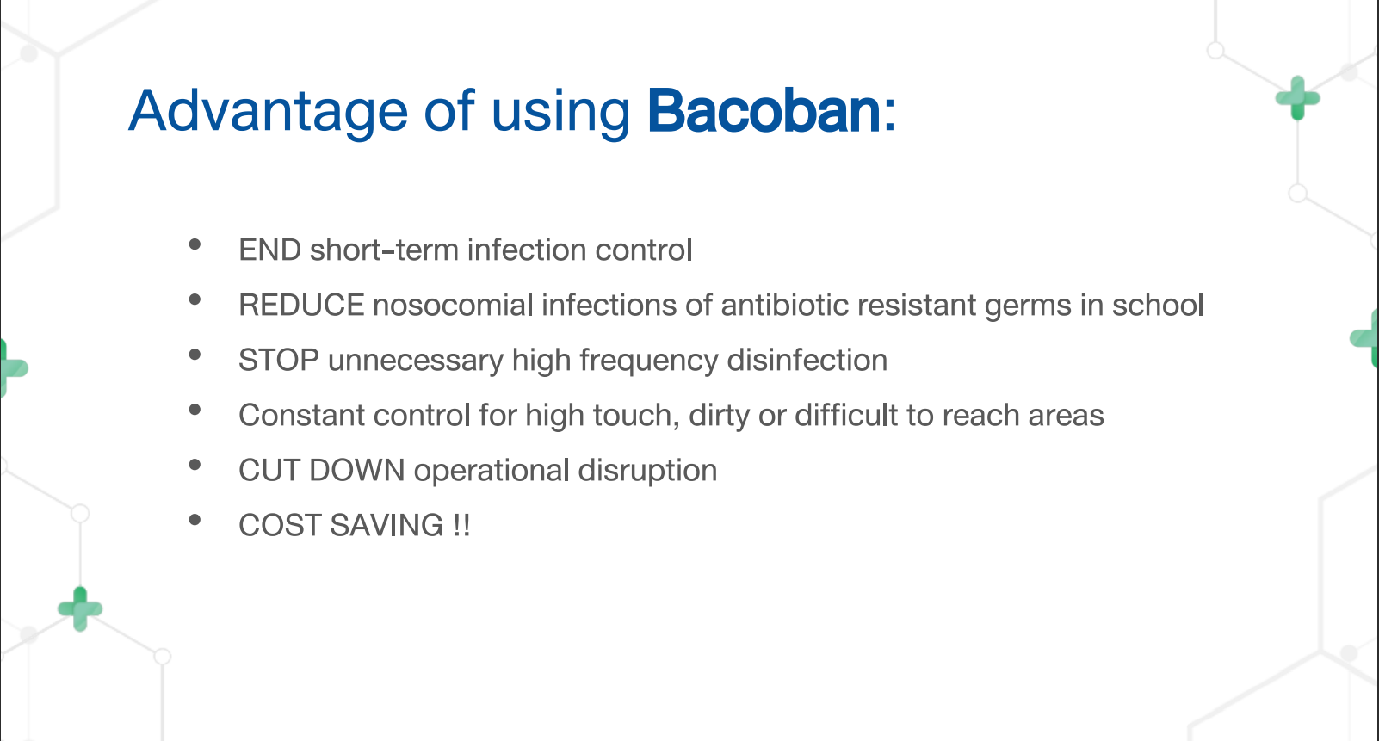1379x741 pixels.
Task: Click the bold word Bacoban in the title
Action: pos(764,111)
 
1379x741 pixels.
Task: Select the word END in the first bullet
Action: pos(269,250)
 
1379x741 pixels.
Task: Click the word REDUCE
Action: pos(301,305)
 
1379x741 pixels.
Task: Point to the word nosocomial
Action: pos(453,305)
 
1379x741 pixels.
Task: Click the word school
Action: pos(1158,305)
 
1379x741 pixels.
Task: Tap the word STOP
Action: pos(278,360)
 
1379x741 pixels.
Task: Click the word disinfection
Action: pos(807,360)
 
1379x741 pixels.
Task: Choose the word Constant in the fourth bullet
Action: pos(301,416)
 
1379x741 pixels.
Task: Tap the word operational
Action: pos(492,472)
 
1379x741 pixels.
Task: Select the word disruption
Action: pos(647,472)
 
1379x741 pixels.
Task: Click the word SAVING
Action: pos(386,526)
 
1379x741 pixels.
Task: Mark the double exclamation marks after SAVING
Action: pos(461,526)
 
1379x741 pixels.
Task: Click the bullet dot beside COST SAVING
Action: pos(195,520)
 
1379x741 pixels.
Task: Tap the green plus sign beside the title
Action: pos(1298,98)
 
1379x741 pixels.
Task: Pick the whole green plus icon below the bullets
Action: pos(80,609)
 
